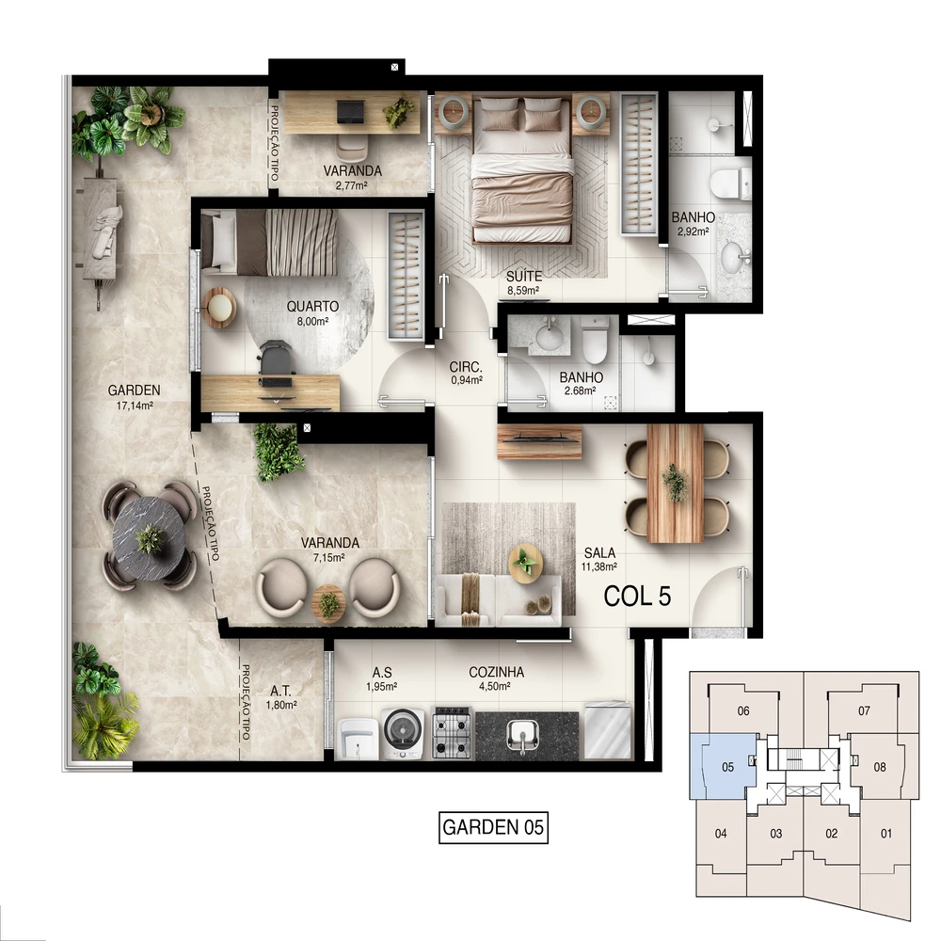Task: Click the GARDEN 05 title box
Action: (493, 827)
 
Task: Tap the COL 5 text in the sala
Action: (637, 597)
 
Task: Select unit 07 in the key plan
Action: (864, 711)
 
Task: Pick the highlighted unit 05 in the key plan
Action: (727, 767)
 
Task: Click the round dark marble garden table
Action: (149, 536)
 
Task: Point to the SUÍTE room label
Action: (524, 277)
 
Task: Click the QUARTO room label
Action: (312, 307)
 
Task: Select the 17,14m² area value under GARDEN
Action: (135, 406)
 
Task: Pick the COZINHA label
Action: (496, 672)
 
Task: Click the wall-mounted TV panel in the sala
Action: (539, 441)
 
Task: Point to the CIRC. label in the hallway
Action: (467, 367)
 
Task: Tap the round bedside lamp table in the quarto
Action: (219, 308)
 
